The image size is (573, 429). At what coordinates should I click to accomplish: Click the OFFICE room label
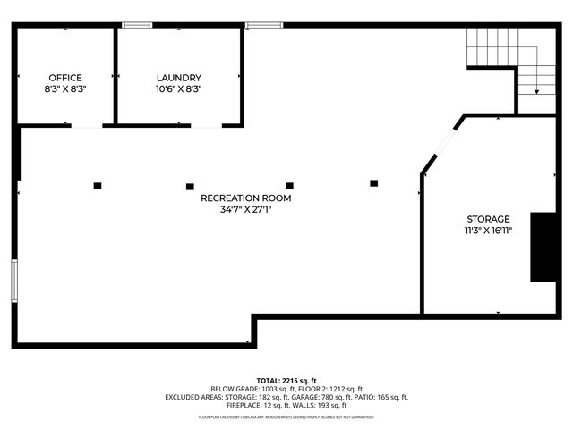65,78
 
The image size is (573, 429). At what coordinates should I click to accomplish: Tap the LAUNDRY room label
179,78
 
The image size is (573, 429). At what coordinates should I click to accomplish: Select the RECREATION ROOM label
246,198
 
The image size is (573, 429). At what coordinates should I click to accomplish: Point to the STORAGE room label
488,219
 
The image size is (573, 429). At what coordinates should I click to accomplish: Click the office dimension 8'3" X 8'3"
65,89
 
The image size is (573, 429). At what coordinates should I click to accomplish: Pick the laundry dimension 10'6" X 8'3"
179,89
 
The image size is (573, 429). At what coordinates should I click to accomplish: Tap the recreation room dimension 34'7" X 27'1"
246,211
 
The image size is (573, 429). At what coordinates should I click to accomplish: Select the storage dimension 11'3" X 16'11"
488,231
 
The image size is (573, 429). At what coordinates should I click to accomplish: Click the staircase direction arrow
535,88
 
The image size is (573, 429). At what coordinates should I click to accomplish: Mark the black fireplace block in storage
542,248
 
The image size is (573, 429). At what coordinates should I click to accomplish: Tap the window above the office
136,24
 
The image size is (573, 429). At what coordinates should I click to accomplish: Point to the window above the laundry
260,24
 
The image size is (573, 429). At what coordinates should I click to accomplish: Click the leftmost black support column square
98,185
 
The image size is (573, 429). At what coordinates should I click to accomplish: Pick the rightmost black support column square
374,183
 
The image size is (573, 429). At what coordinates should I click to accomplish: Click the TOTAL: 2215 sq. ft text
286,380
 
